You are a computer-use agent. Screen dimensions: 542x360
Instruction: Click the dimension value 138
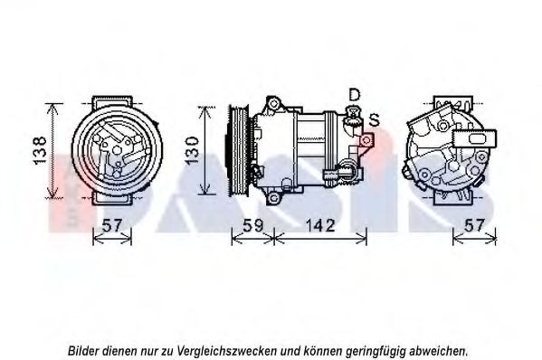(40, 150)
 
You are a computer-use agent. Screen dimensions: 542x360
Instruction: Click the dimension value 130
(192, 150)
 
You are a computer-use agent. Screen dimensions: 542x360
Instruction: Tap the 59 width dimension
(252, 225)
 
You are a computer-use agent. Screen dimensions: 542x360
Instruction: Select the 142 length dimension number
(320, 225)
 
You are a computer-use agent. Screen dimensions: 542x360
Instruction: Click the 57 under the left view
(113, 225)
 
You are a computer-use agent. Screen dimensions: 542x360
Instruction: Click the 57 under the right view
(473, 225)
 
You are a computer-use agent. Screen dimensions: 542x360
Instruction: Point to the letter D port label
(355, 94)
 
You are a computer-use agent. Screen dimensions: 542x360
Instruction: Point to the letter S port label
(374, 120)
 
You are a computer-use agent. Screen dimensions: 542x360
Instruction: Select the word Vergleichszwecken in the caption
(227, 351)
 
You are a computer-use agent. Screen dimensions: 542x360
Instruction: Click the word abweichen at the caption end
(439, 351)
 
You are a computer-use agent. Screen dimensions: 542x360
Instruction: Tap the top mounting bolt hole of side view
(274, 103)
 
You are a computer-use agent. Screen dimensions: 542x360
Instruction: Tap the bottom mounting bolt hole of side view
(274, 198)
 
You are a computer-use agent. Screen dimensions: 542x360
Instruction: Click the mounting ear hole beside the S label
(366, 140)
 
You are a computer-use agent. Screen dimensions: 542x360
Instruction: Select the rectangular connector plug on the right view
(475, 138)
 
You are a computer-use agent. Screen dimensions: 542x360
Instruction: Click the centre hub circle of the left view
(118, 149)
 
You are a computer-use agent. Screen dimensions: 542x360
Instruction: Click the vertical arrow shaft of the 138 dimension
(52, 151)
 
